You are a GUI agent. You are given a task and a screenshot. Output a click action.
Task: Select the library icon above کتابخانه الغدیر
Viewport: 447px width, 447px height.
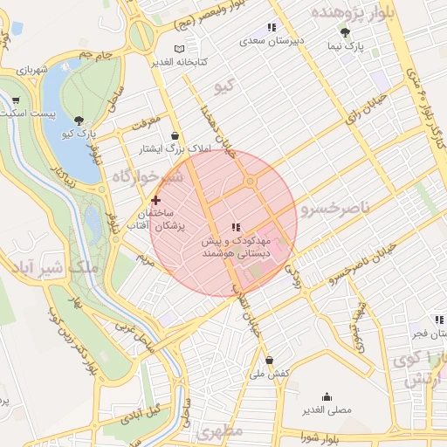click(180, 49)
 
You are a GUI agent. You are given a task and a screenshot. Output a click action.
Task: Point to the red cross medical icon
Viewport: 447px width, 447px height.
click(156, 200)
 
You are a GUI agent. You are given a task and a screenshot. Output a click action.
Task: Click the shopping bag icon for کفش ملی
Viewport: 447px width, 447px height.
click(268, 360)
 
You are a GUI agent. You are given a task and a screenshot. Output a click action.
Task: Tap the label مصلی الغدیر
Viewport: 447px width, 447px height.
click(327, 409)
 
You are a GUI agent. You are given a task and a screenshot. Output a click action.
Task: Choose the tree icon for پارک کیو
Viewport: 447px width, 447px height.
click(80, 120)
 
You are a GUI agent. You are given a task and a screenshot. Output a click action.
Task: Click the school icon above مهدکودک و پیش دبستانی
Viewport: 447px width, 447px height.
click(236, 226)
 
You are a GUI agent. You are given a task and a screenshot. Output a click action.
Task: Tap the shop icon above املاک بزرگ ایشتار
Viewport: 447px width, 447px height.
click(177, 136)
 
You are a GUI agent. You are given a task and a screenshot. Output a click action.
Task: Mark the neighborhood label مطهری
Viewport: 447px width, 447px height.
click(218, 431)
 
